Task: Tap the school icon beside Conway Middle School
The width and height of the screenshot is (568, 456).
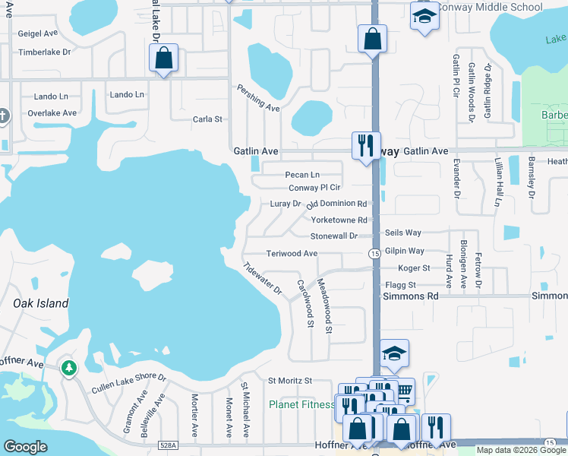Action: tap(424, 16)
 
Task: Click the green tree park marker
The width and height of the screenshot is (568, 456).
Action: tap(69, 369)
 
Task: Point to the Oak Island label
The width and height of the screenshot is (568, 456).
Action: tap(41, 303)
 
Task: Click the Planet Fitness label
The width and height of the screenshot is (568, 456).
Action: tap(301, 404)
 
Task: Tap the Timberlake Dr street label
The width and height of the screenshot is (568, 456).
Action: tap(44, 52)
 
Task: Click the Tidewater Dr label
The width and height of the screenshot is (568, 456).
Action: tap(263, 279)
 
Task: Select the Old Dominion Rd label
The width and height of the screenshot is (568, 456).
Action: tap(336, 204)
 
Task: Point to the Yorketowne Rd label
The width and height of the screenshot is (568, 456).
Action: tap(339, 220)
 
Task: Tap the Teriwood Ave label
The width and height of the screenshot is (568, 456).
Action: tap(292, 253)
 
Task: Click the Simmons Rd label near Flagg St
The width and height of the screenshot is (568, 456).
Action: tap(410, 296)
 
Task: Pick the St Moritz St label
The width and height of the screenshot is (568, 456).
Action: tap(290, 380)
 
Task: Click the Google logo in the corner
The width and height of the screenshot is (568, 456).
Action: tap(25, 447)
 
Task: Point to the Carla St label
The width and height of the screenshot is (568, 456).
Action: tap(207, 119)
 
